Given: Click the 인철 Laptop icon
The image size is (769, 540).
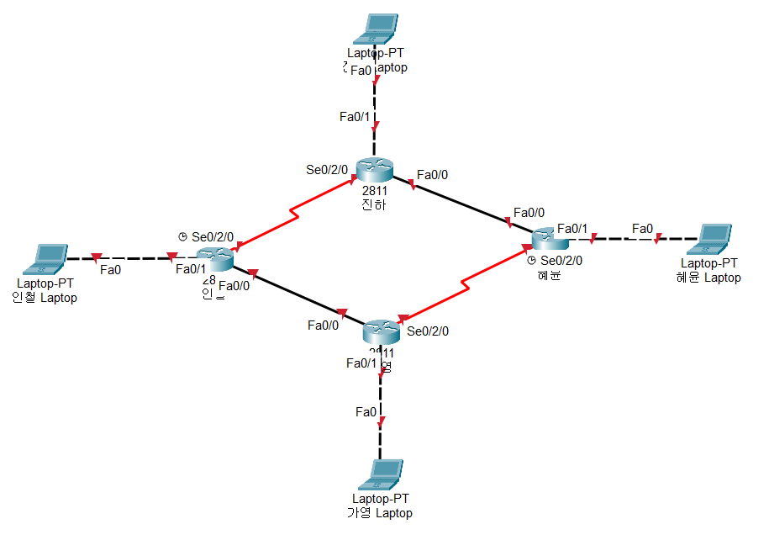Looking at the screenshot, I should point(47,258).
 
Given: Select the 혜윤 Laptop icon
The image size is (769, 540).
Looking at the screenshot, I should point(714,239).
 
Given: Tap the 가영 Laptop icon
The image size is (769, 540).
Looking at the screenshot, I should point(381,474).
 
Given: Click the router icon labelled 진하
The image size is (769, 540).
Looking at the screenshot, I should point(373,169).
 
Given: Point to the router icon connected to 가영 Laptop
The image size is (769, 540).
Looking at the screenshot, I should point(381,332).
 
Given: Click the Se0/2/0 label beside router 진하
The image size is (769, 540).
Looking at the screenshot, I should point(327,169).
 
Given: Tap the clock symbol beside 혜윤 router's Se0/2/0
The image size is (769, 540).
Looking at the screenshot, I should point(531,261).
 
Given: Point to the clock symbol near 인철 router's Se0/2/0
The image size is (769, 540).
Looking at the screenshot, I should point(182,237).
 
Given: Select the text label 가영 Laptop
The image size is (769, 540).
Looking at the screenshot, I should point(380,513).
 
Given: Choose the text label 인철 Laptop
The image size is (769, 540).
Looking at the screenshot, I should point(45,298).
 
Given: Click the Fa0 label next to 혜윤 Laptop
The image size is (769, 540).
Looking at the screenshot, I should point(642,229).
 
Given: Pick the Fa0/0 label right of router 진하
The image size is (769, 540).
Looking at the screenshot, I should point(432,175).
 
